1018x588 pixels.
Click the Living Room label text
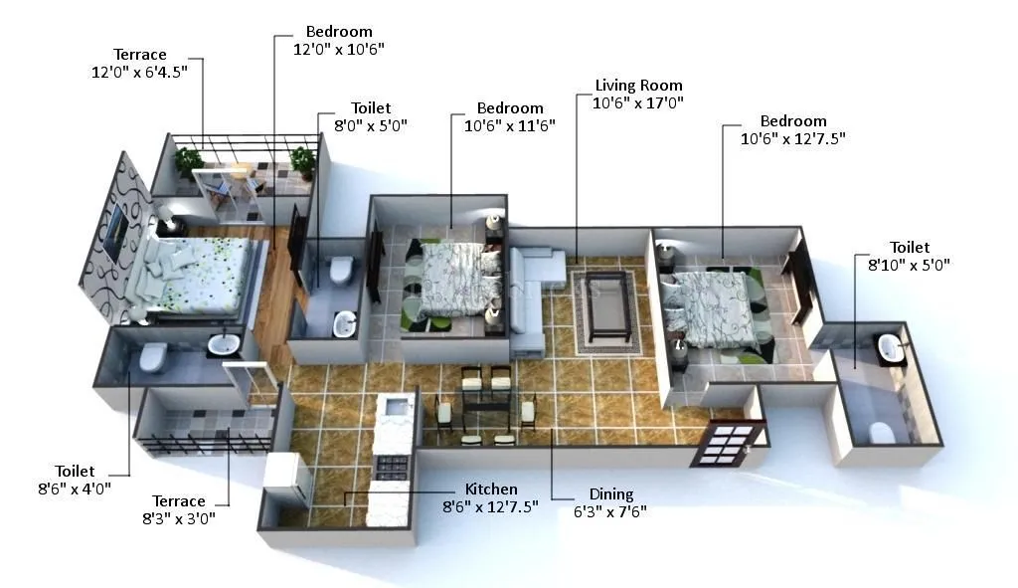point(638,86)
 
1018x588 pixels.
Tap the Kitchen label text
point(491,490)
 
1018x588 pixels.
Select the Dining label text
point(610,494)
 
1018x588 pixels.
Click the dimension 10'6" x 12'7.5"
point(792,139)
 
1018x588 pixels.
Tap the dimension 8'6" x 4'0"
point(76,489)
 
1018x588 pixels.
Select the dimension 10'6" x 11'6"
point(510,125)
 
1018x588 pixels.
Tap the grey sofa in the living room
point(527,298)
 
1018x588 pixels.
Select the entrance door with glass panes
point(724,443)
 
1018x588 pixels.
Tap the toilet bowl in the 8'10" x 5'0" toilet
point(879,432)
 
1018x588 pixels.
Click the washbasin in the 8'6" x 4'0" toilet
point(223,345)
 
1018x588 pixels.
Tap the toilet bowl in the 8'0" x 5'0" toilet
point(341,269)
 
